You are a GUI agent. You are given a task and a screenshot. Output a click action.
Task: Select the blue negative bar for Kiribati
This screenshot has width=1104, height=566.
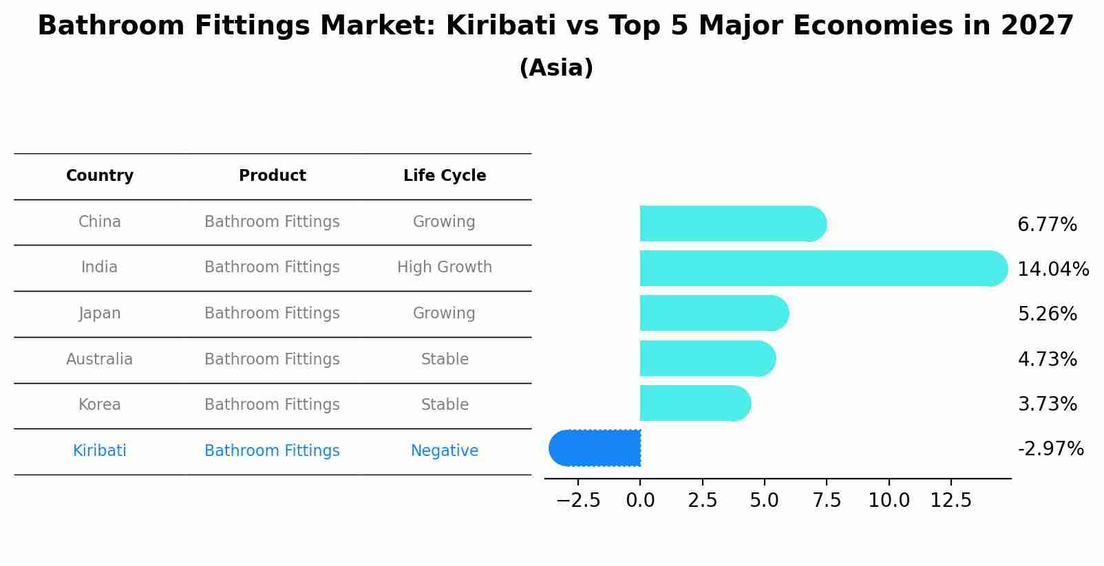click(595, 448)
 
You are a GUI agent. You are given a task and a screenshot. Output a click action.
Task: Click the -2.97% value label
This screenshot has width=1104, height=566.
click(1050, 449)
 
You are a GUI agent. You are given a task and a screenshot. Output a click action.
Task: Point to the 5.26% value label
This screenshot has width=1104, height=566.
click(1047, 314)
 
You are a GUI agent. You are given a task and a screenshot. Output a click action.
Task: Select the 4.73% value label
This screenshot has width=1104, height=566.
click(1047, 359)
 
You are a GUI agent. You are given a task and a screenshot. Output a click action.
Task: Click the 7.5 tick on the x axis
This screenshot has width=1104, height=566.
click(827, 501)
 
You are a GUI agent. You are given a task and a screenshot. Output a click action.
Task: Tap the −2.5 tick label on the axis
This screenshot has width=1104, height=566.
click(578, 501)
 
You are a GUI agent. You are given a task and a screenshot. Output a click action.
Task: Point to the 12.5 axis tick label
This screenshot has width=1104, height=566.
click(951, 501)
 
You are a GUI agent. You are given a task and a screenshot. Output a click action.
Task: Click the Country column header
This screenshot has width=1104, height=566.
click(100, 176)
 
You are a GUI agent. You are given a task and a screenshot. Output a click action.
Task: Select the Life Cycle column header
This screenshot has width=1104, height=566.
click(445, 176)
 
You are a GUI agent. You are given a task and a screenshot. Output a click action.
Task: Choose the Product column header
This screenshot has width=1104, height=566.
click(272, 176)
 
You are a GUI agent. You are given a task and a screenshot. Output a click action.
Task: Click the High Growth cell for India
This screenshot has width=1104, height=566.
click(445, 268)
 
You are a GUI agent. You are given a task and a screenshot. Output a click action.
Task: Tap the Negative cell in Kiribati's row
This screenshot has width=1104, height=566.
click(445, 451)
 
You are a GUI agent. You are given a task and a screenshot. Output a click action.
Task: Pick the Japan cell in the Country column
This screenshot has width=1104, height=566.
click(100, 314)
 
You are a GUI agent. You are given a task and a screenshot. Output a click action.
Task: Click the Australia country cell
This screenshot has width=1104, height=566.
click(100, 359)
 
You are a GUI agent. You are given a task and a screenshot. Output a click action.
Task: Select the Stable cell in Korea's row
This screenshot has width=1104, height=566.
click(445, 405)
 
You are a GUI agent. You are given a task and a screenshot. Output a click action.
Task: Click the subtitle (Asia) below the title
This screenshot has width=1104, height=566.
click(556, 68)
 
